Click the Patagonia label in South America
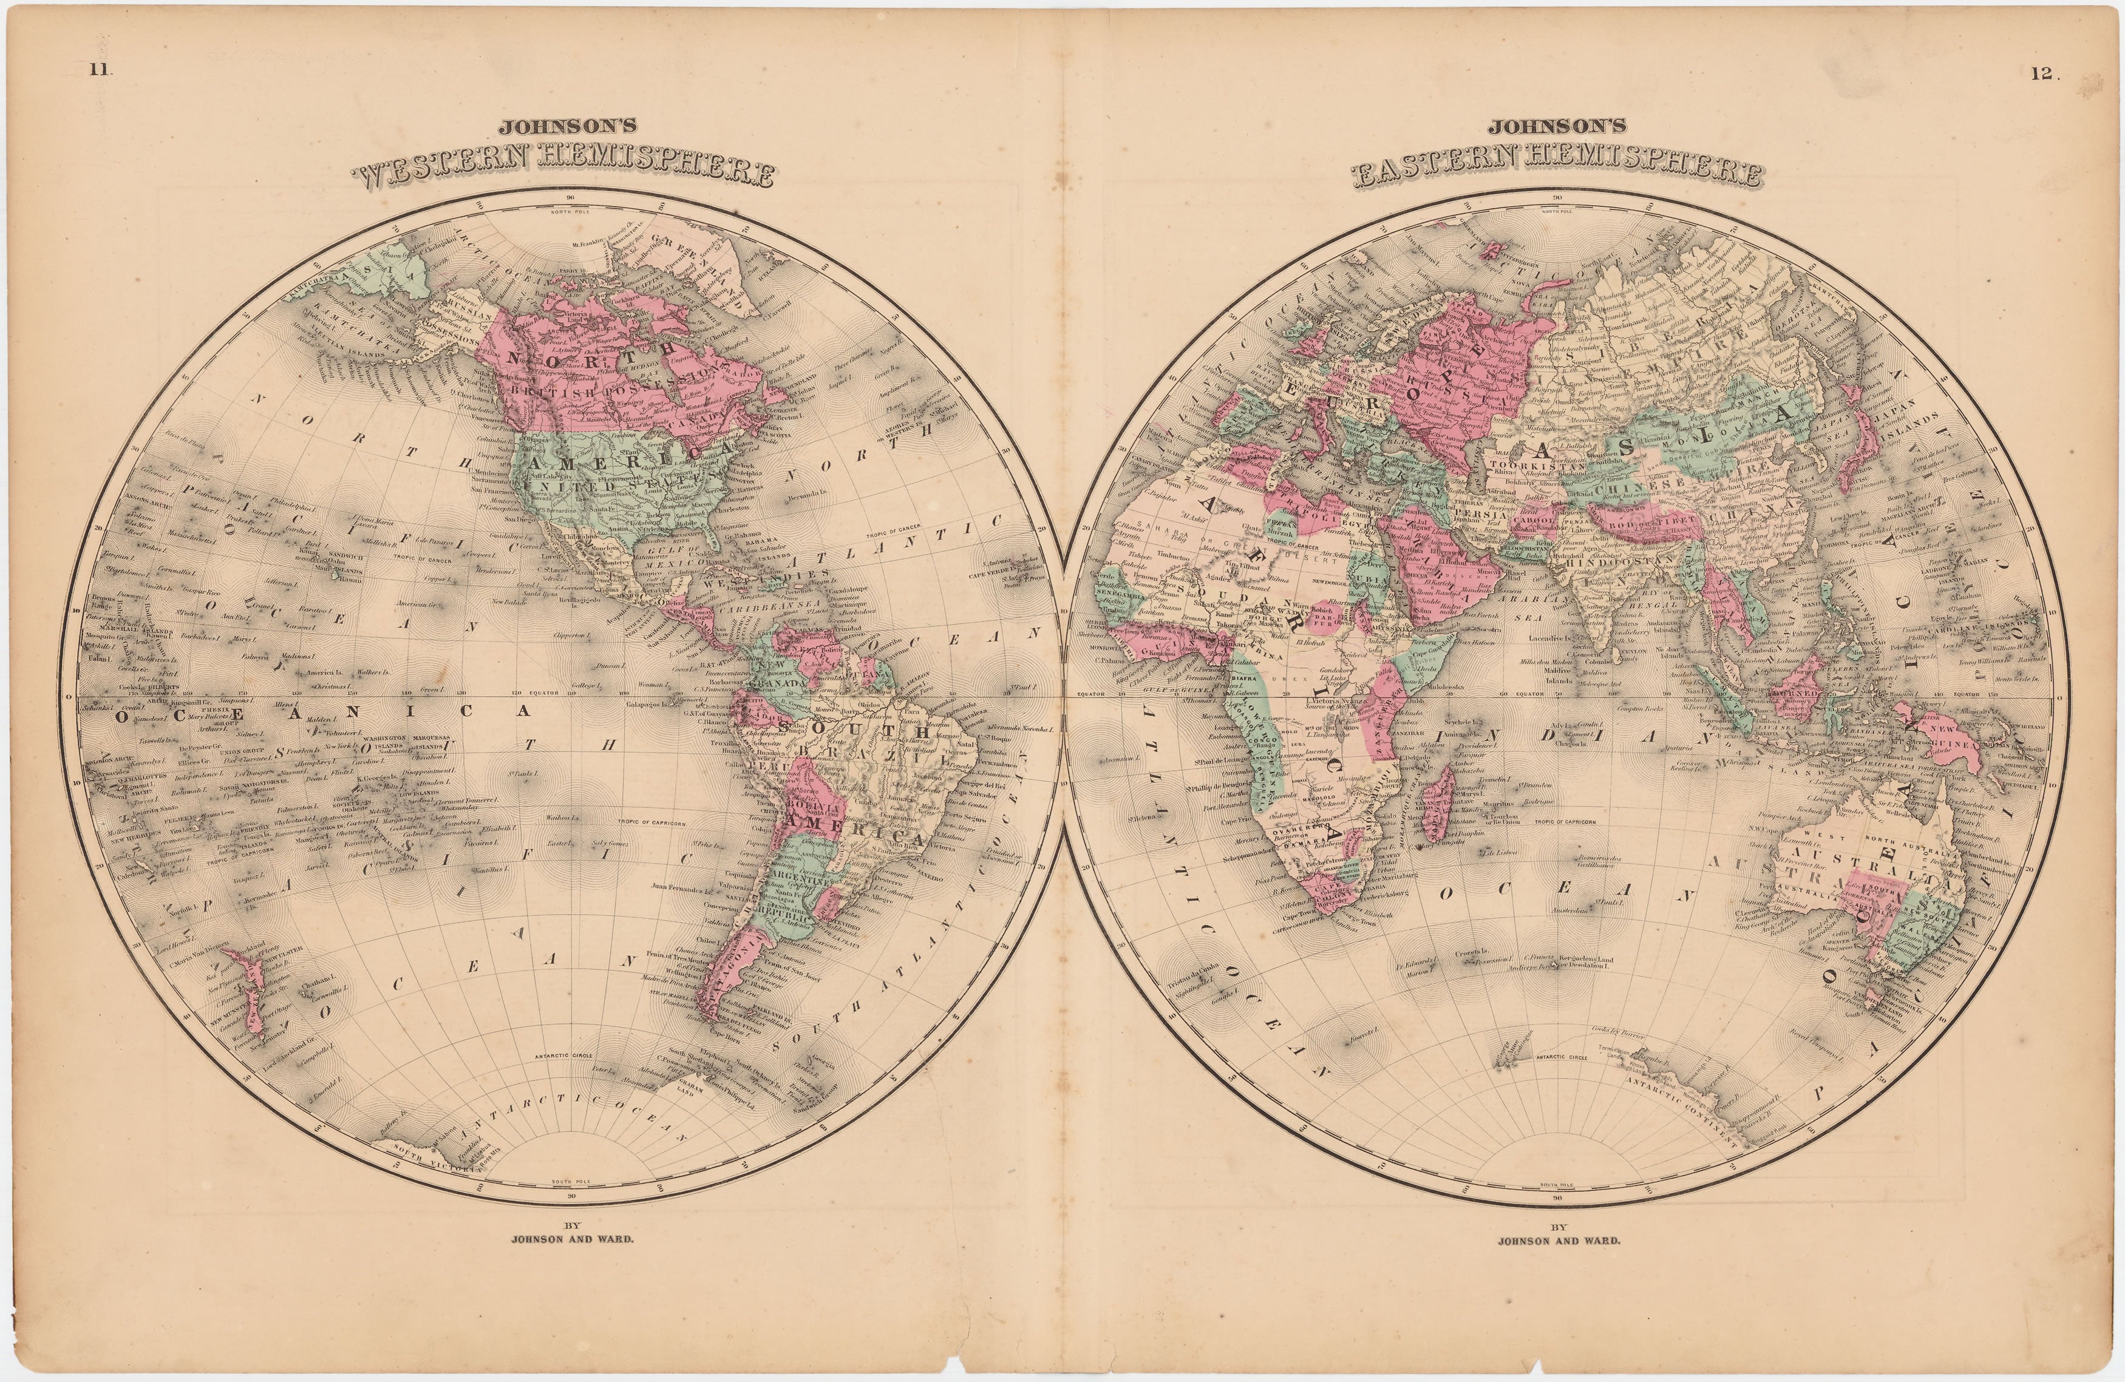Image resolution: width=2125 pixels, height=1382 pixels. pos(739,960)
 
